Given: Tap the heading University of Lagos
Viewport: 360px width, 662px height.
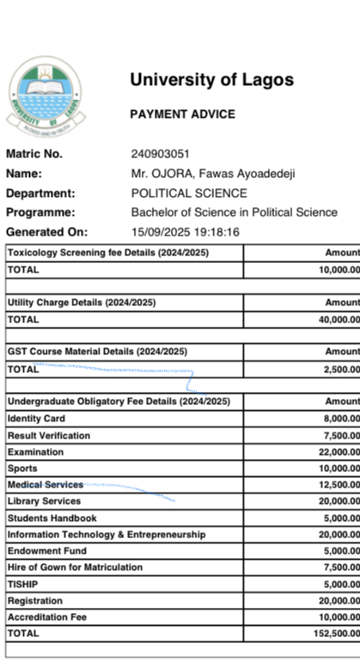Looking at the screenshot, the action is click(211, 80).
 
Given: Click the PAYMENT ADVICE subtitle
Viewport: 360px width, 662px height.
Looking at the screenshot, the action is click(182, 114).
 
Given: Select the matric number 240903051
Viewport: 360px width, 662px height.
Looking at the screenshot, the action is click(160, 155).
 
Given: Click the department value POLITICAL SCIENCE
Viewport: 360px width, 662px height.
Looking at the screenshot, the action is click(189, 193).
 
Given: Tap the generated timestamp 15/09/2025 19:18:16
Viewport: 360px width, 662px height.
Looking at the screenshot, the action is click(185, 232).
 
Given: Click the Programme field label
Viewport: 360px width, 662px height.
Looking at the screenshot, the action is click(40, 212).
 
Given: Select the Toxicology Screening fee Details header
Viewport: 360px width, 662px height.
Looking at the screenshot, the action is click(108, 254).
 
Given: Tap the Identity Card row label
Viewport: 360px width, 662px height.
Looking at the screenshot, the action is click(38, 419).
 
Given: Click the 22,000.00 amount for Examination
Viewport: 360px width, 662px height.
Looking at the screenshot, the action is click(336, 452).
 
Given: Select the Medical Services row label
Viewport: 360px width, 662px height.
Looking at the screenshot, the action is click(46, 485).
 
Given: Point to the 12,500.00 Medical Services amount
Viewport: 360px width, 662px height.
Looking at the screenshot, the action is click(336, 485).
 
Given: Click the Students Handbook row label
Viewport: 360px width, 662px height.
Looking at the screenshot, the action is click(52, 518).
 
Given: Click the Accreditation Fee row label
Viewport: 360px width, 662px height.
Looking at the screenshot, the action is click(47, 617).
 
